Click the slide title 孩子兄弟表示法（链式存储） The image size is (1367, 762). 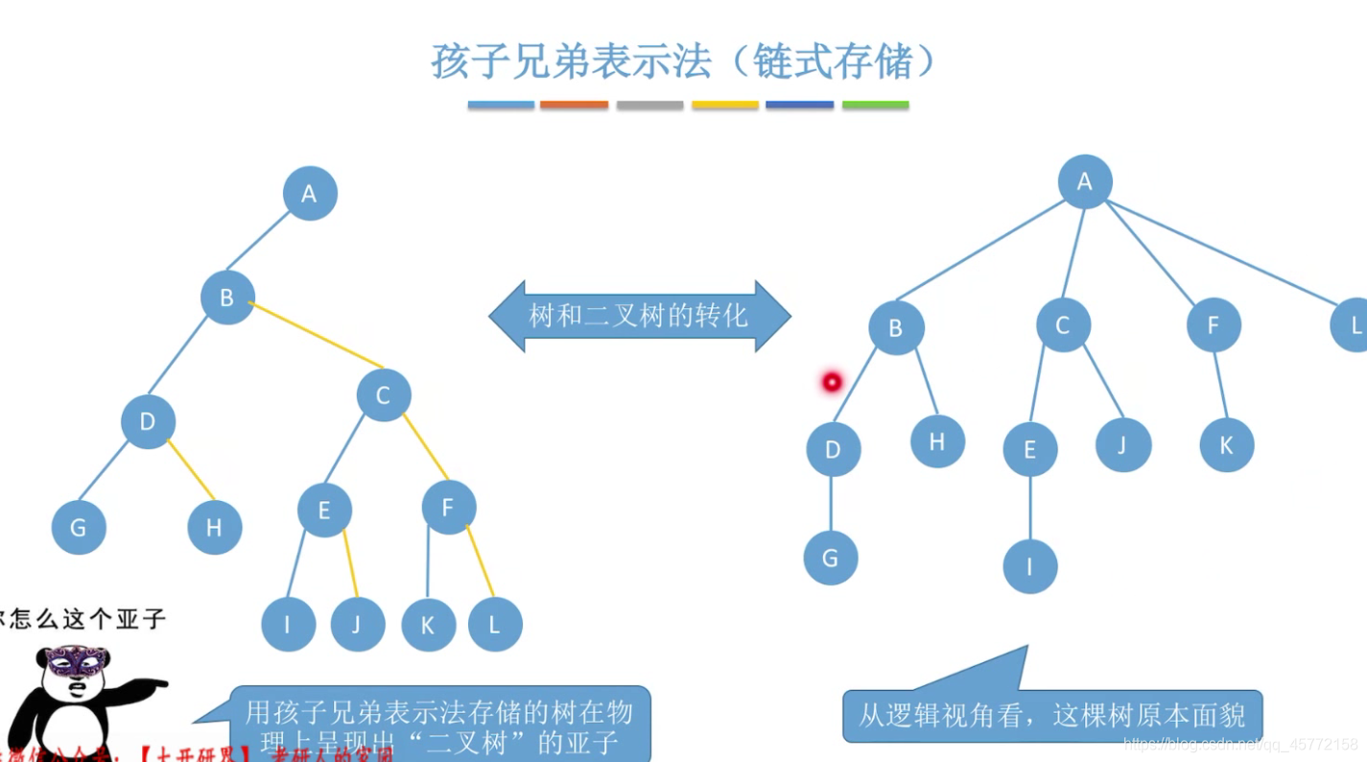pyautogui.click(x=683, y=61)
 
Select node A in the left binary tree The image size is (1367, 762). pyautogui.click(x=310, y=194)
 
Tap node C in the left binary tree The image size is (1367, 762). pyautogui.click(x=384, y=394)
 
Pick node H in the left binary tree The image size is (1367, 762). pyautogui.click(x=214, y=527)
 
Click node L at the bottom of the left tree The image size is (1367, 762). pyautogui.click(x=495, y=625)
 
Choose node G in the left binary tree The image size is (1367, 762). pyautogui.click(x=79, y=527)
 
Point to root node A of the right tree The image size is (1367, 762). pyautogui.click(x=1085, y=181)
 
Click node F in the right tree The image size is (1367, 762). pyautogui.click(x=1214, y=325)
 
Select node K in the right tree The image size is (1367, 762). pyautogui.click(x=1226, y=445)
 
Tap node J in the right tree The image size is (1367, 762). pyautogui.click(x=1123, y=444)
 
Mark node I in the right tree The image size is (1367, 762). pyautogui.click(x=1030, y=566)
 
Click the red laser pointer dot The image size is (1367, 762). pyautogui.click(x=832, y=382)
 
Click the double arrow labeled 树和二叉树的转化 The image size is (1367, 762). pyautogui.click(x=639, y=316)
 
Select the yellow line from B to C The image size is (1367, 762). pyautogui.click(x=317, y=336)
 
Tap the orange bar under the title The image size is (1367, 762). pyautogui.click(x=574, y=105)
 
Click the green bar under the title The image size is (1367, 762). pyautogui.click(x=875, y=105)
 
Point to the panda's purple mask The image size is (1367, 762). pyautogui.click(x=77, y=660)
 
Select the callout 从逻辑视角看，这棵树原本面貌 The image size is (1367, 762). pyautogui.click(x=1051, y=715)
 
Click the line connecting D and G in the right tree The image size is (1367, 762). pyautogui.click(x=831, y=504)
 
